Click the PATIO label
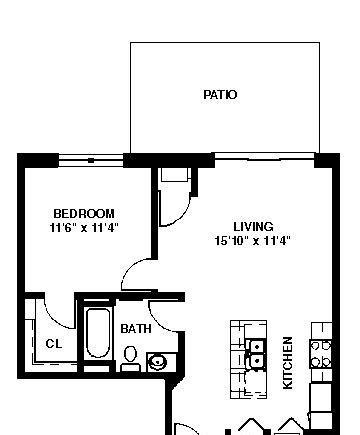point(220,95)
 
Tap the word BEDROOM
point(84,213)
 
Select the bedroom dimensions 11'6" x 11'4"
point(84,228)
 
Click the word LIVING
point(253,227)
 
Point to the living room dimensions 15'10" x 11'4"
point(253,240)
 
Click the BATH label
point(136,329)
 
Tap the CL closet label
point(54,343)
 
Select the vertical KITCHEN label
point(288,363)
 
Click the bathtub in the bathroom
point(98,333)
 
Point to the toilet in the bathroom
point(130,358)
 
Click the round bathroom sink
point(158,362)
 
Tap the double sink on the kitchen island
point(257,353)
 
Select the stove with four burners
point(321,354)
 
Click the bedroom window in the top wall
point(91,160)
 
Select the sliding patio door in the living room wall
point(264,156)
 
